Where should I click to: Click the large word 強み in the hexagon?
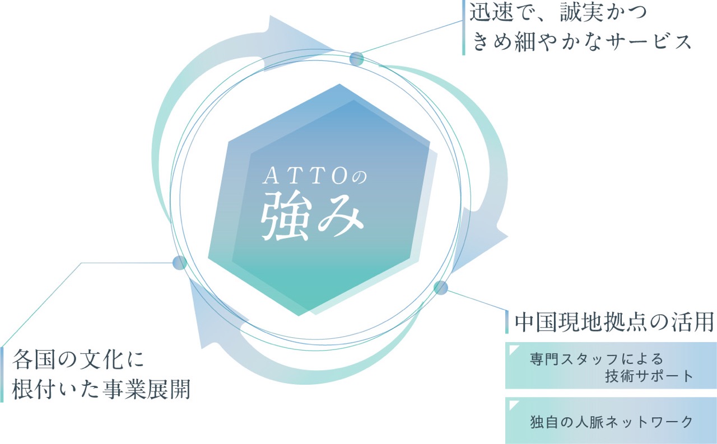[x=313, y=215]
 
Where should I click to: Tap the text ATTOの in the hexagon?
[x=315, y=177]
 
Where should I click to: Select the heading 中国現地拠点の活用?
[x=614, y=322]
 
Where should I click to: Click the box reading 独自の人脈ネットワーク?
[x=611, y=421]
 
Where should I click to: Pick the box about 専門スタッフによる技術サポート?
[x=611, y=365]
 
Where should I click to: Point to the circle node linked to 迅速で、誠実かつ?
[x=357, y=59]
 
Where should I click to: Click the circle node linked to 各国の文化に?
[x=180, y=263]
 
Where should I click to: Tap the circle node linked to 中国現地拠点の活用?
[x=441, y=287]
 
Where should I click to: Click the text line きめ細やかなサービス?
[x=581, y=42]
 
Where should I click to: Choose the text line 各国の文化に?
[x=78, y=360]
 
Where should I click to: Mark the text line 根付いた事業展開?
[x=101, y=389]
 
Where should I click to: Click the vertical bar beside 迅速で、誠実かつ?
[x=463, y=27]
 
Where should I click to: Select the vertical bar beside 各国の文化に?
[x=2, y=374]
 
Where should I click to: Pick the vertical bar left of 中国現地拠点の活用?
[x=507, y=322]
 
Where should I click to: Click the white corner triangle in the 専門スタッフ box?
[x=513, y=349]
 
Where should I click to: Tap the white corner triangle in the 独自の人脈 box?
[x=513, y=404]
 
